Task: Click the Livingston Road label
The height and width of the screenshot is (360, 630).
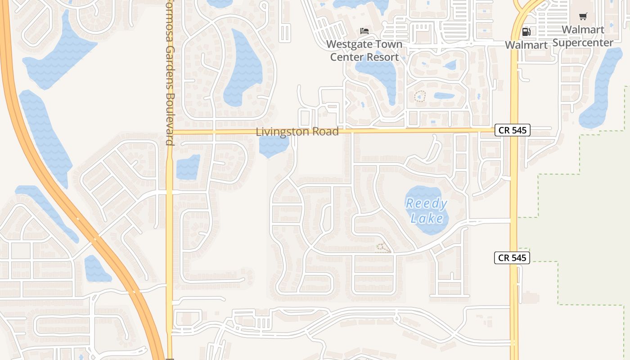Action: tap(297, 132)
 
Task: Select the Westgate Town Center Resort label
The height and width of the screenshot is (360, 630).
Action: tap(364, 51)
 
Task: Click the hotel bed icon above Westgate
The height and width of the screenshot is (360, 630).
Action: tap(364, 31)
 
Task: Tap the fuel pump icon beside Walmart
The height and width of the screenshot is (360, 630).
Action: tap(526, 31)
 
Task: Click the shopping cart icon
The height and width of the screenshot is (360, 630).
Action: tap(583, 17)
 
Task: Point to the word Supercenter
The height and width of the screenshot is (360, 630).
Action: tap(583, 43)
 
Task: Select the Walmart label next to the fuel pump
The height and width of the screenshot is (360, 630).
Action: tap(526, 45)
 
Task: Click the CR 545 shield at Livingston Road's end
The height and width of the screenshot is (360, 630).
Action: tap(513, 130)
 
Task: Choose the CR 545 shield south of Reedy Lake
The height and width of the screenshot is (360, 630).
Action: tap(512, 258)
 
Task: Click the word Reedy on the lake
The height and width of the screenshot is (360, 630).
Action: tap(426, 204)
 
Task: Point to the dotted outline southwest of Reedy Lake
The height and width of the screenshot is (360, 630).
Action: tap(383, 248)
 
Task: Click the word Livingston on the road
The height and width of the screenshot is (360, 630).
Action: tap(278, 132)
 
